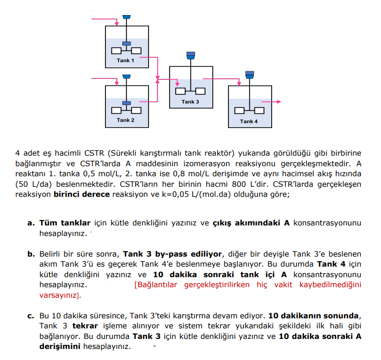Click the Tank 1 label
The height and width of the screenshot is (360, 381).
pyautogui.click(x=125, y=60)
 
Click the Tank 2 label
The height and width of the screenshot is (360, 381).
pyautogui.click(x=125, y=120)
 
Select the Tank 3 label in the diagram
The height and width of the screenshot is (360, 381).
pyautogui.click(x=190, y=102)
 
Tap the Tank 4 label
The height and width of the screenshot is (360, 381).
pyautogui.click(x=248, y=122)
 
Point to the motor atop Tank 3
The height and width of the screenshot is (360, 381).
pyautogui.click(x=190, y=55)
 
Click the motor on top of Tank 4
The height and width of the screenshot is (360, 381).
pyautogui.click(x=249, y=74)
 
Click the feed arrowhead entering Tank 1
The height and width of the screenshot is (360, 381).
pyautogui.click(x=116, y=23)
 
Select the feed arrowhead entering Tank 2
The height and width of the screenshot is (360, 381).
pyautogui.click(x=116, y=79)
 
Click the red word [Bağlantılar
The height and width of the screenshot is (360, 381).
pyautogui.click(x=158, y=285)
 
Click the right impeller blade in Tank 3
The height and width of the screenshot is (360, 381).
pyautogui.click(x=200, y=91)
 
